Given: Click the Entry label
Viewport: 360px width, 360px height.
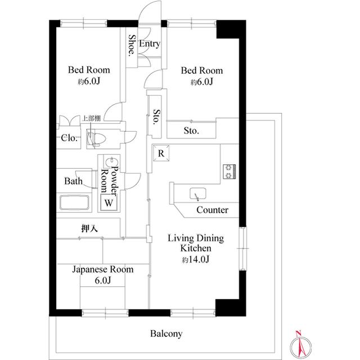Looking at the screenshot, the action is click(x=150, y=44).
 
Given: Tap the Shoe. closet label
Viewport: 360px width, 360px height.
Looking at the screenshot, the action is click(x=132, y=45).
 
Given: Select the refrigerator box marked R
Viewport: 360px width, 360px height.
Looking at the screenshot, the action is click(x=161, y=153).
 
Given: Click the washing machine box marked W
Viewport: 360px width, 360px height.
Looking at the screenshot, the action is click(x=109, y=202).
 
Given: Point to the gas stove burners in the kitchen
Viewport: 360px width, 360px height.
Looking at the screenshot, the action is click(x=229, y=172).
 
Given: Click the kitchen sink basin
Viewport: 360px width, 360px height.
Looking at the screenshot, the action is click(x=197, y=193).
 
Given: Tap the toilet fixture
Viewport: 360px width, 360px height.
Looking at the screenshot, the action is click(x=96, y=139).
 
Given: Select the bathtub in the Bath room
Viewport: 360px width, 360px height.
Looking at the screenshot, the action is click(x=74, y=202).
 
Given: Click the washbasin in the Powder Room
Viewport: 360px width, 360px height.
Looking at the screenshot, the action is click(x=112, y=163).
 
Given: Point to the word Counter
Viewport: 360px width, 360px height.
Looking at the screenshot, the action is click(x=213, y=210).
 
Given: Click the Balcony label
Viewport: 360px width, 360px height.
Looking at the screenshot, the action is click(x=166, y=334).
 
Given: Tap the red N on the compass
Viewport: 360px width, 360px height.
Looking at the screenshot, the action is click(x=299, y=333).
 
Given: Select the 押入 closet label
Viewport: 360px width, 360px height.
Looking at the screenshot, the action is click(x=89, y=228).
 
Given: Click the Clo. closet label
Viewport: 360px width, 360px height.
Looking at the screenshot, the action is click(x=70, y=138).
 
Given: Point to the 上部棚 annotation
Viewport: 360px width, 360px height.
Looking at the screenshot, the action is click(x=91, y=119).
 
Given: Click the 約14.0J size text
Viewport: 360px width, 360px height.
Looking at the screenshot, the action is click(x=196, y=259).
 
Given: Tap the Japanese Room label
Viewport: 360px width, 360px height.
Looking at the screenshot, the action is click(x=103, y=269).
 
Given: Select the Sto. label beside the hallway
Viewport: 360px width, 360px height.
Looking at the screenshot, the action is click(x=157, y=116).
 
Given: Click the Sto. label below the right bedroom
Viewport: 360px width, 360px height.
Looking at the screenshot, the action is click(x=191, y=131).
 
